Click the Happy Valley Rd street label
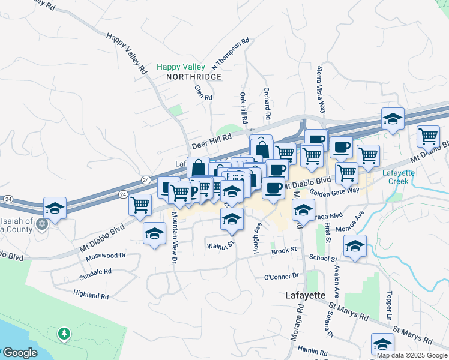click(127, 53)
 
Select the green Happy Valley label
click(181, 67)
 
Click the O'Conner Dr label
click(281, 276)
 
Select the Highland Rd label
click(91, 295)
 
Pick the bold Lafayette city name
click(304, 295)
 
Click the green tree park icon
click(64, 333)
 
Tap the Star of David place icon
click(41, 224)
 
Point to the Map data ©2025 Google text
click(411, 355)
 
